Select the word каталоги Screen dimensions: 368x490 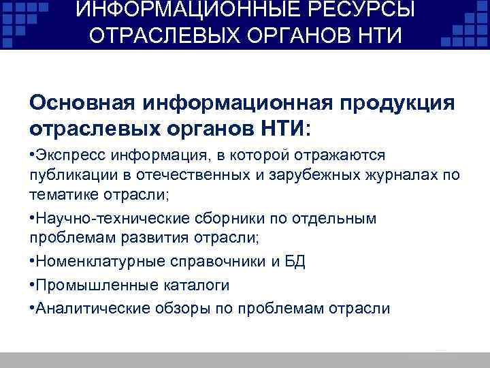[193, 285]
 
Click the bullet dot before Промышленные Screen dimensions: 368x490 [31, 285]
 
